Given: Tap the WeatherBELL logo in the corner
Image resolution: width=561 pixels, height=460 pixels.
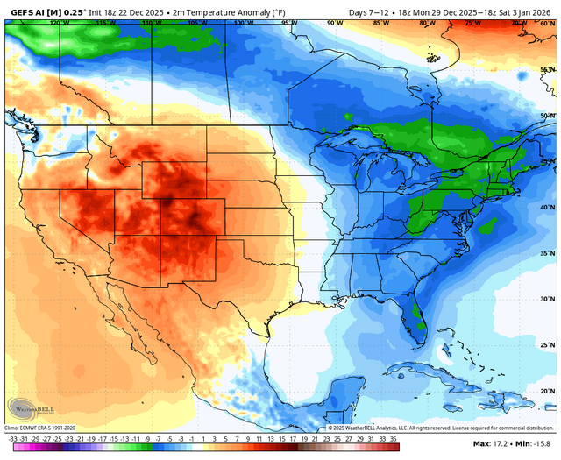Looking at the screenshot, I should coord(26,407).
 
